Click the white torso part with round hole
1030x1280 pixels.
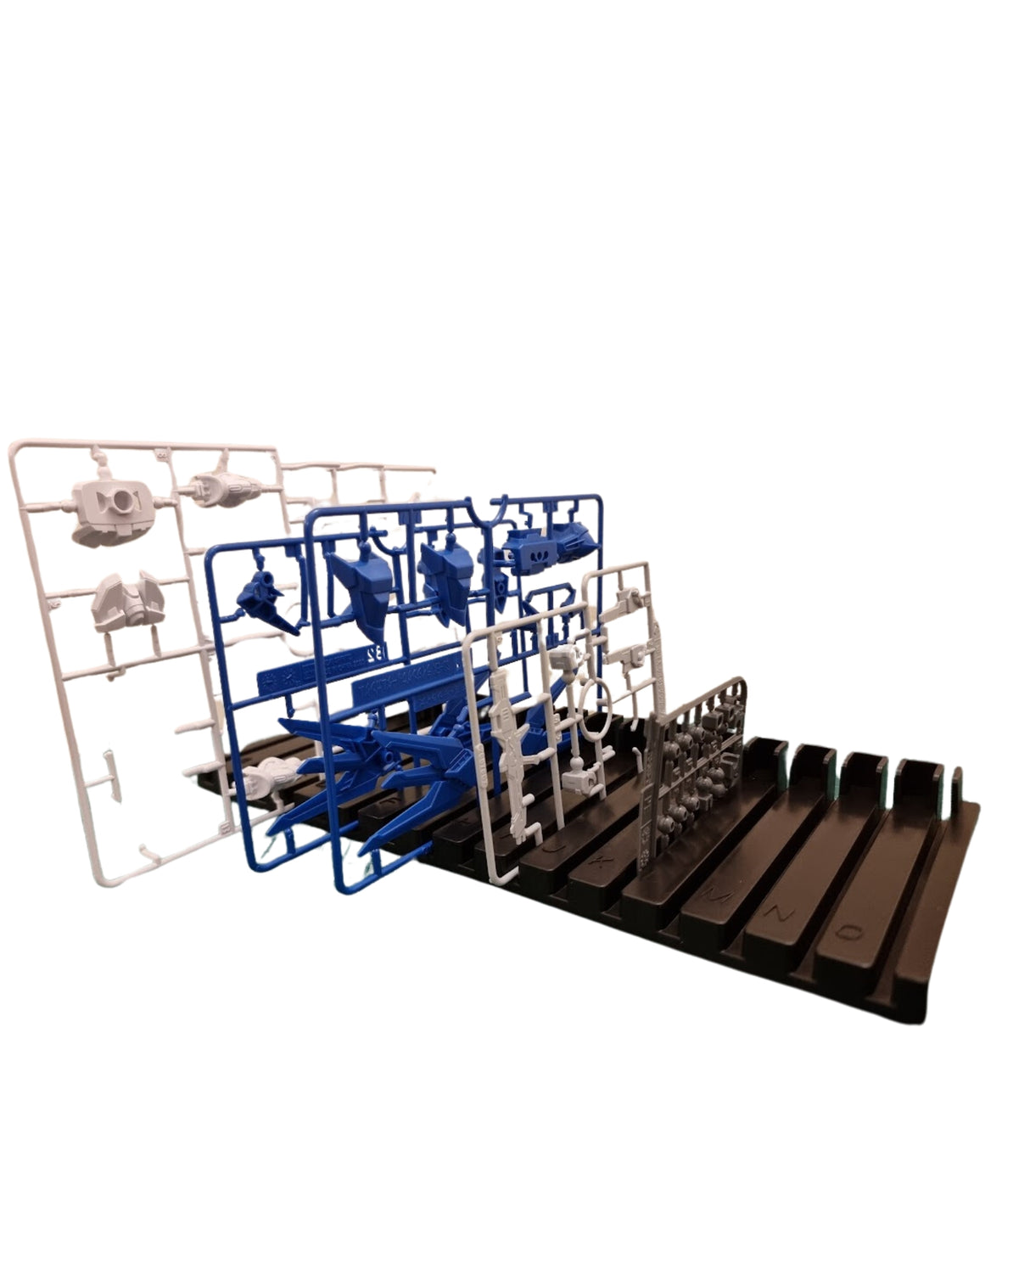[112, 507]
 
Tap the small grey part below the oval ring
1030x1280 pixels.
[580, 776]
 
